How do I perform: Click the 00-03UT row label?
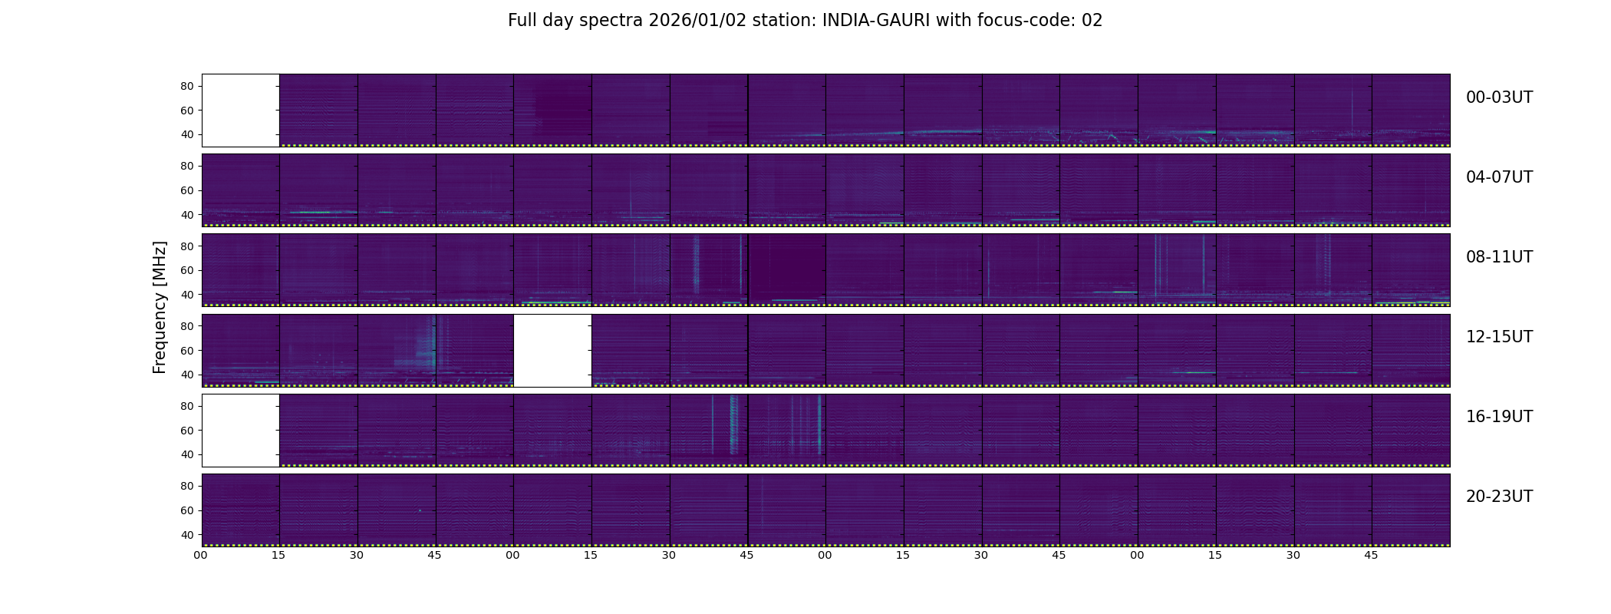1499,97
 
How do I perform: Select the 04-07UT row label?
1499,177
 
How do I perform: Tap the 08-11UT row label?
1499,257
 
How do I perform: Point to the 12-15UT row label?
1499,337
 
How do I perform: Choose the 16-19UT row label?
1499,417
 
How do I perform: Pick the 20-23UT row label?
1499,497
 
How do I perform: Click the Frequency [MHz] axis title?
160,307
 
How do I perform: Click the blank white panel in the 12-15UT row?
552,351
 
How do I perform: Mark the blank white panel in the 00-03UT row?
241,111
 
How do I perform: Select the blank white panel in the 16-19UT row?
241,431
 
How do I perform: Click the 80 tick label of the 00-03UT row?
187,87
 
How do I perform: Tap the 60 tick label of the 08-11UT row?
187,270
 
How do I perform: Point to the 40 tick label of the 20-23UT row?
187,535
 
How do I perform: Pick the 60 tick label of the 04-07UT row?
187,190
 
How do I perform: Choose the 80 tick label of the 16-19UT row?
187,407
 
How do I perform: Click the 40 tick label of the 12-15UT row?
187,375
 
